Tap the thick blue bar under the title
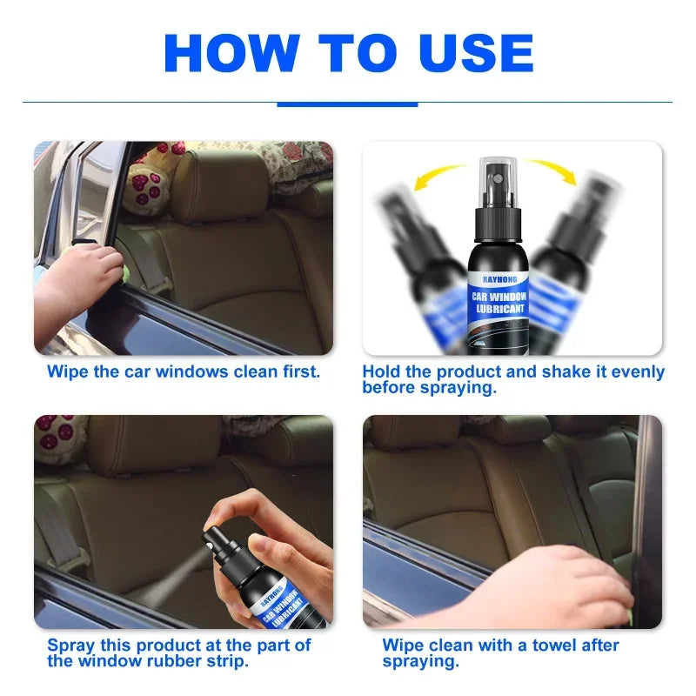[x=347, y=104]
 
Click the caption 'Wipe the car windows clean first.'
[x=184, y=371]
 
